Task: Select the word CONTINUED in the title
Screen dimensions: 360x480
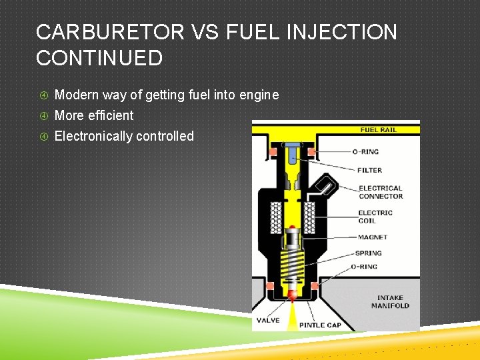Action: coord(99,58)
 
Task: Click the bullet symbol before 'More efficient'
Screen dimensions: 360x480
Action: coord(44,116)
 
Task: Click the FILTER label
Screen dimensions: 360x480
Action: coord(369,170)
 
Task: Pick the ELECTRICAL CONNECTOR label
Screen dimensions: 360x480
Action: coord(381,192)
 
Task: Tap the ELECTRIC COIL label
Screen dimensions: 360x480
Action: coord(375,217)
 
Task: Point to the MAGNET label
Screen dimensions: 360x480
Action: coord(372,237)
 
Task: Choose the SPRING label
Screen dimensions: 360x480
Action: coord(369,253)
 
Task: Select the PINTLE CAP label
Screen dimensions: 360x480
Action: coord(320,325)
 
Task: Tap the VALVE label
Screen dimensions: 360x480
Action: coord(268,320)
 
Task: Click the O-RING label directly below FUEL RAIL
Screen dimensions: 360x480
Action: coord(365,152)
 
